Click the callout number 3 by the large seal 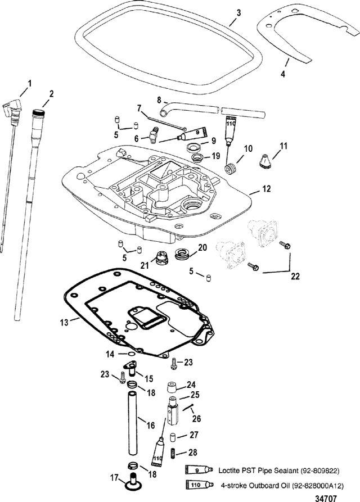click(x=238, y=13)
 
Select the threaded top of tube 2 click(x=38, y=112)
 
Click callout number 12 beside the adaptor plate click(x=267, y=188)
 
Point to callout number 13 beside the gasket click(x=64, y=322)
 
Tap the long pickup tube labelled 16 click(x=133, y=423)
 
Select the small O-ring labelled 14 click(x=131, y=354)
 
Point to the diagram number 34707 click(x=326, y=498)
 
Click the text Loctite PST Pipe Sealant click(x=259, y=471)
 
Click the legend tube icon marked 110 click(x=199, y=485)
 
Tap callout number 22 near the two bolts click(x=295, y=276)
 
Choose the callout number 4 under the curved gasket click(x=283, y=74)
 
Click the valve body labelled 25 click(x=172, y=410)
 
